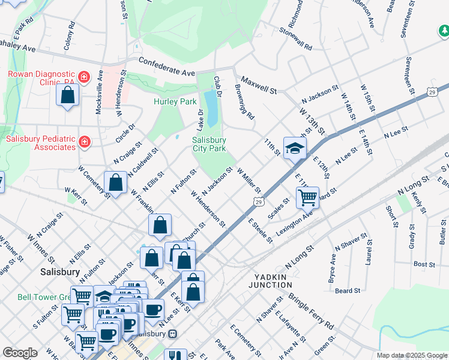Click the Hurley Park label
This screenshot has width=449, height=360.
tap(175, 101)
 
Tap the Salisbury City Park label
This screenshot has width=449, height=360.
tap(209, 145)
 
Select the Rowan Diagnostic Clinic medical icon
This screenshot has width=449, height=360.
tap(84, 77)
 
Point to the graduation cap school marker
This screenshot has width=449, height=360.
tap(295, 148)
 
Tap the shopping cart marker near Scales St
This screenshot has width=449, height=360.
tap(307, 197)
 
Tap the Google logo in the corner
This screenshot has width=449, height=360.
tap(20, 353)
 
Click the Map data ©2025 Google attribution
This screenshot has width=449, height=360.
tap(412, 355)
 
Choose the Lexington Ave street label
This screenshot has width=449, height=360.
tap(294, 223)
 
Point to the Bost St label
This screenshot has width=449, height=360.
tap(424, 264)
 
